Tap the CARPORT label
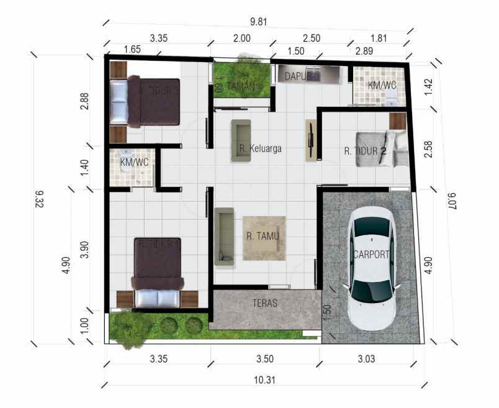[371, 254]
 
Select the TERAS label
[265, 304]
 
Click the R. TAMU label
[263, 236]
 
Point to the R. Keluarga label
[261, 148]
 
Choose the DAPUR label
[297, 76]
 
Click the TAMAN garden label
[241, 86]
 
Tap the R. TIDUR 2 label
[366, 151]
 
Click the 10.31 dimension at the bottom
[265, 381]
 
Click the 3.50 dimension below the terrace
[265, 358]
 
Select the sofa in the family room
[241, 140]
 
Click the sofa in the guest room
[224, 237]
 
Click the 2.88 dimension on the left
[85, 101]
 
